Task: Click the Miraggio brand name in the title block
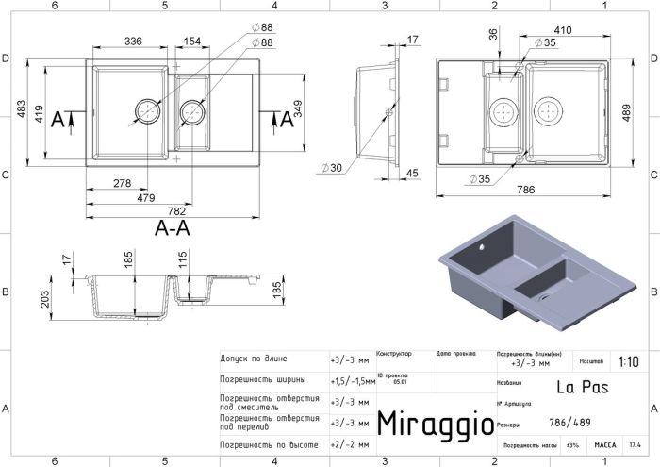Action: (435, 424)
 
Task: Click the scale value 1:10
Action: (627, 361)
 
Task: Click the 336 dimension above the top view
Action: (132, 41)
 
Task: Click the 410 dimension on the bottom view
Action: (563, 29)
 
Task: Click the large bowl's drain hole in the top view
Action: (148, 110)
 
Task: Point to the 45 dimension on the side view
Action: (413, 174)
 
